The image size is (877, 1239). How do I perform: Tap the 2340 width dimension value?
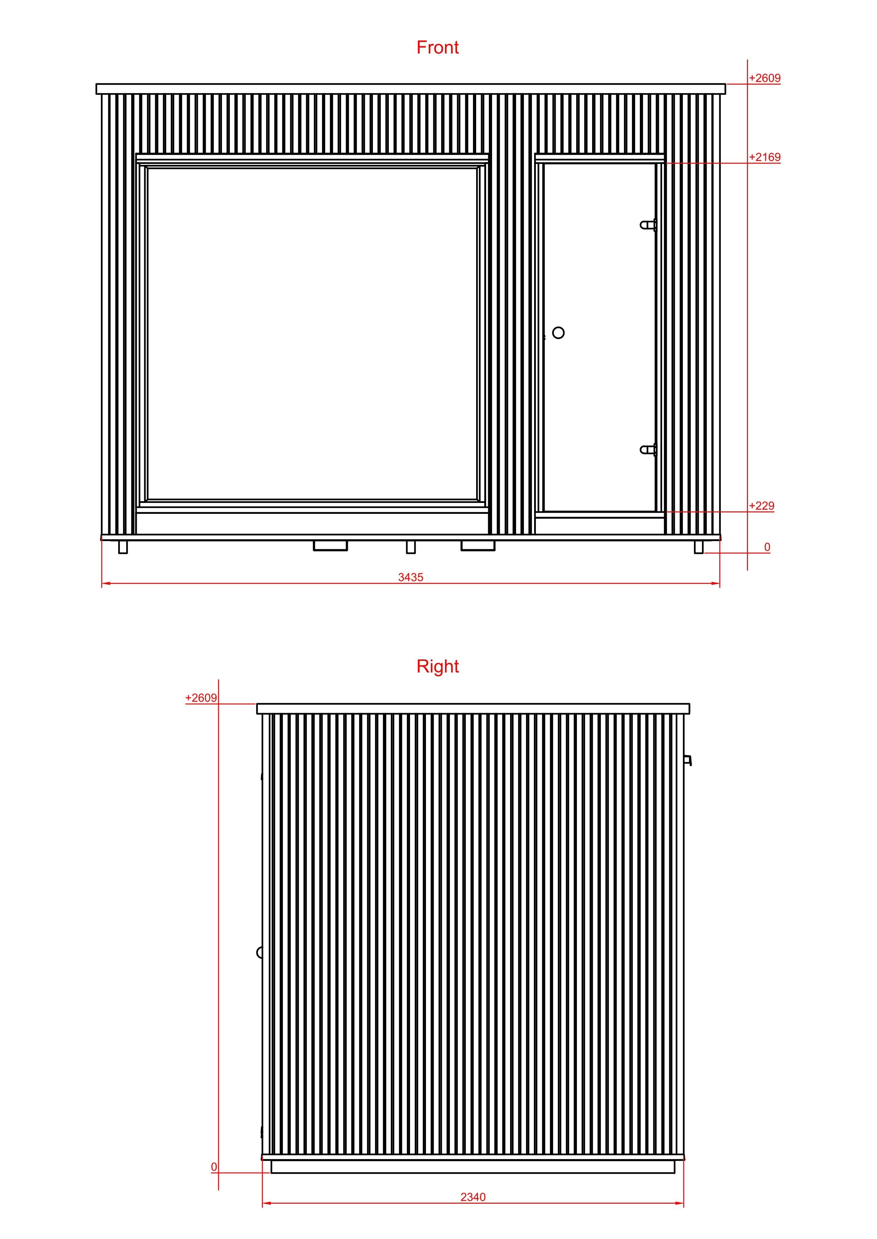[x=473, y=1197]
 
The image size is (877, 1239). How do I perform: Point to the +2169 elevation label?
[x=765, y=157]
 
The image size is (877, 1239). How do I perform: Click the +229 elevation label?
[x=761, y=506]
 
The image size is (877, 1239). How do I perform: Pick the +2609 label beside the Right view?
[x=201, y=698]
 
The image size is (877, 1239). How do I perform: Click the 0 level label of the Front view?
[x=767, y=547]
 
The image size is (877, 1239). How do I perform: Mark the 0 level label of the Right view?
[x=214, y=1167]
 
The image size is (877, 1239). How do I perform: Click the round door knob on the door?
[x=559, y=332]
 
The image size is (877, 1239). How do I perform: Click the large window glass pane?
[x=312, y=334]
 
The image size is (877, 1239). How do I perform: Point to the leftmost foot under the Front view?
[x=123, y=547]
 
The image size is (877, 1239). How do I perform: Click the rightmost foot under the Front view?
[x=699, y=547]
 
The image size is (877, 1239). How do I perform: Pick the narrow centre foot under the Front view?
[x=411, y=547]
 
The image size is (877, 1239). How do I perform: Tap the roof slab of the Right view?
[x=473, y=709]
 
